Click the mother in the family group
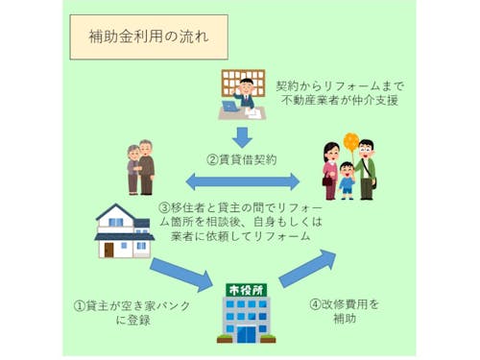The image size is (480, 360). [328, 165]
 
